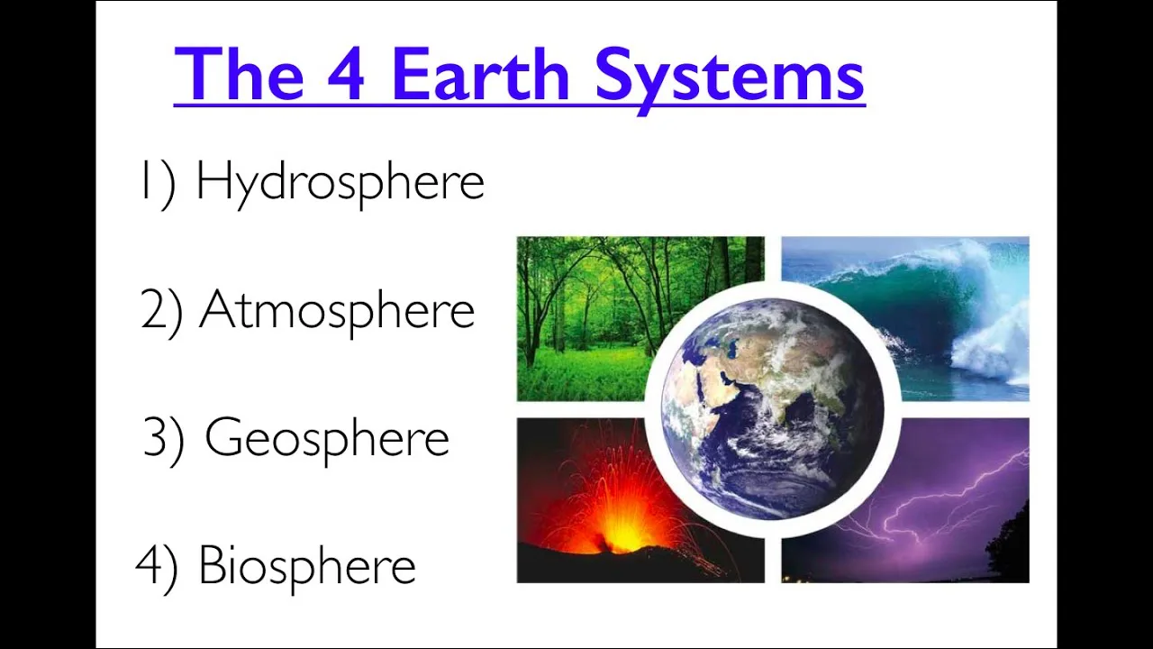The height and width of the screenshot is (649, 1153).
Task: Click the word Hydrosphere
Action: point(340,183)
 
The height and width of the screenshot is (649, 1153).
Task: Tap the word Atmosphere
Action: point(336,311)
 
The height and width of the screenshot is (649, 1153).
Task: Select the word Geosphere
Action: point(326,439)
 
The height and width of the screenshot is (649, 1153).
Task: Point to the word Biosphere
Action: point(306,566)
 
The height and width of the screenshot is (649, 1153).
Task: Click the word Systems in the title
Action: point(730,77)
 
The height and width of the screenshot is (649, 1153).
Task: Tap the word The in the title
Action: point(239,75)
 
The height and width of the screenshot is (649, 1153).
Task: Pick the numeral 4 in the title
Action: point(346,75)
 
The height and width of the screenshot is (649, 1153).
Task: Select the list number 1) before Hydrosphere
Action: point(157,183)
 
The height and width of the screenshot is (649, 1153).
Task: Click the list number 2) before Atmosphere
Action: point(162,311)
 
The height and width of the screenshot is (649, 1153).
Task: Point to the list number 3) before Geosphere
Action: point(164,439)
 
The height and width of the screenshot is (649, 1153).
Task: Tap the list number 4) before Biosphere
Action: point(157,566)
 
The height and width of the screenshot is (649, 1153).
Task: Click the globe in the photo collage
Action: point(772,410)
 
